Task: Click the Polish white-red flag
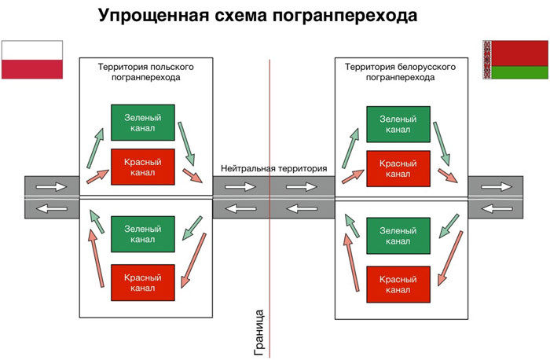(x=32, y=59)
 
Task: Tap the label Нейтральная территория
(x=273, y=168)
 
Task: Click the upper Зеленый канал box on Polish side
(x=143, y=123)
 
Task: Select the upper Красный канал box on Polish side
(x=143, y=166)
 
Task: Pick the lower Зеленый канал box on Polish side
(x=143, y=233)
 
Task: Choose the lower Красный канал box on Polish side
(x=143, y=282)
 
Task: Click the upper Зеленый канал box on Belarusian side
(x=398, y=123)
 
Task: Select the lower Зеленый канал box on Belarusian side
(x=398, y=235)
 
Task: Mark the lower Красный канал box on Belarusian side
(x=398, y=284)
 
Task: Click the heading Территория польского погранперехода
(x=145, y=72)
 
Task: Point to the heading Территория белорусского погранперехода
(x=401, y=72)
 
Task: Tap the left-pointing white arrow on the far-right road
(x=493, y=208)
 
